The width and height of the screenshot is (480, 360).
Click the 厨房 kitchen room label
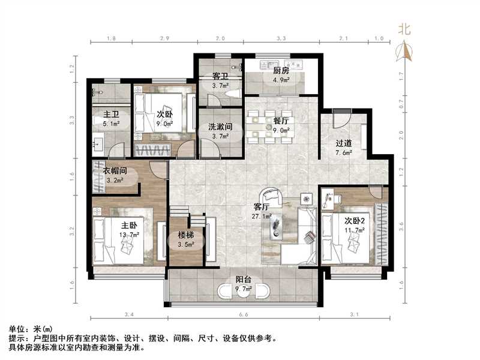[281, 70]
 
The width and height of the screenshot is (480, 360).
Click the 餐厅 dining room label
[281, 121]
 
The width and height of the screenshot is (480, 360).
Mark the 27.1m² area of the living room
[263, 217]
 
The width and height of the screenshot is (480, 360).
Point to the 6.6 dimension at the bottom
[244, 314]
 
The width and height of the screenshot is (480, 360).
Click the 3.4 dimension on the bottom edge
[128, 314]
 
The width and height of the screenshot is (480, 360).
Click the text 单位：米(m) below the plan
[31, 329]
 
